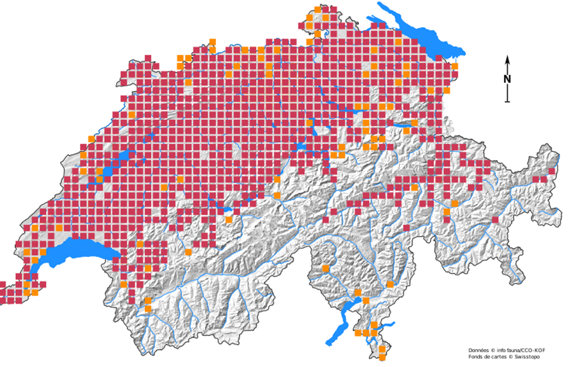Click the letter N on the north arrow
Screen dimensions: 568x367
507,79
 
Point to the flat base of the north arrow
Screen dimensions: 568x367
508,102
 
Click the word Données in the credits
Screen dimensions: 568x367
478,350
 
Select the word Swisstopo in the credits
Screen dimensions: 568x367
527,357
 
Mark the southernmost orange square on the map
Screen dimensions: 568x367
382,358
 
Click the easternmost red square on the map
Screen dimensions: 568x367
552,171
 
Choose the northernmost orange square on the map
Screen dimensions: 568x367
318,9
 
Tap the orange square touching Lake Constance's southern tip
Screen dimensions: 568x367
455,66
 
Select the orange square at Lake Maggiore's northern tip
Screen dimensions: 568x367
358,293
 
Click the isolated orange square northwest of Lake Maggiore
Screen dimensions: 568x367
325,269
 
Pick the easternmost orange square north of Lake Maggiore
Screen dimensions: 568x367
390,284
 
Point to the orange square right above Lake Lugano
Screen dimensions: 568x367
374,325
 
